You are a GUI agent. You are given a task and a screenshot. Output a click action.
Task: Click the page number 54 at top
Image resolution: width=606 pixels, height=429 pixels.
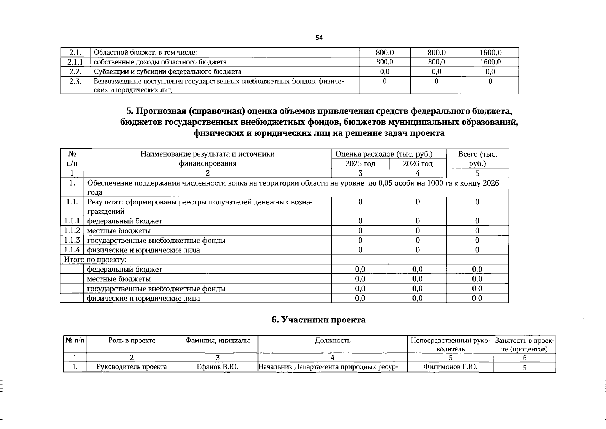319,38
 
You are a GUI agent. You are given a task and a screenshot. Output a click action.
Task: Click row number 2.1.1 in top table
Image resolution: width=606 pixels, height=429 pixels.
75,62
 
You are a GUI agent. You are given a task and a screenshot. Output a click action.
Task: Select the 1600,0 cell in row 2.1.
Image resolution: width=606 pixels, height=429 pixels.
490,53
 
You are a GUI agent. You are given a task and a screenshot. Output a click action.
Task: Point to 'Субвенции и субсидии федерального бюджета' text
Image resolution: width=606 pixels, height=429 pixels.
167,71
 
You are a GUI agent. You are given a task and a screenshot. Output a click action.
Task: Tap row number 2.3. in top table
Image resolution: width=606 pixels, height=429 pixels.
75,82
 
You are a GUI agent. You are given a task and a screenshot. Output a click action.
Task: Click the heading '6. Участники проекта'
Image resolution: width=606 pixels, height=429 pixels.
319,320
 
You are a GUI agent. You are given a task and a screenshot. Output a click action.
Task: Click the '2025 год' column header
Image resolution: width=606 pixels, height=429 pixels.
360,164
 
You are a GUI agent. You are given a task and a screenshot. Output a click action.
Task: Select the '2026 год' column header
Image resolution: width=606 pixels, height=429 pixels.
417,164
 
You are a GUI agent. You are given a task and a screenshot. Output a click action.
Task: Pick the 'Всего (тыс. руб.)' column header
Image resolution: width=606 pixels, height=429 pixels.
477,159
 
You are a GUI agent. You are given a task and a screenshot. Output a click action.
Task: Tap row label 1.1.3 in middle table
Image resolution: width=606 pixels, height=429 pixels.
72,240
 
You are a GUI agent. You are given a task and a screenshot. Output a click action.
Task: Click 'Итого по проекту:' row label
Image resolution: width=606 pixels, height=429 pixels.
95,260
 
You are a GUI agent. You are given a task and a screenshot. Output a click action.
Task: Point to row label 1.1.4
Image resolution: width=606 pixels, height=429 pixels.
72,250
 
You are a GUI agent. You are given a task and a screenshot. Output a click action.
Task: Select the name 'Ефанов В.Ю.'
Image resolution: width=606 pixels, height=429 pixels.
217,367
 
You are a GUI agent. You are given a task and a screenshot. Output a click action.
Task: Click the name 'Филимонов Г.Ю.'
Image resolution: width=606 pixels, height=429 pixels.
450,367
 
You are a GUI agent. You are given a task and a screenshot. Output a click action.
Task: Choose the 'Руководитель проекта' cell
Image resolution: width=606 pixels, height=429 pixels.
132,367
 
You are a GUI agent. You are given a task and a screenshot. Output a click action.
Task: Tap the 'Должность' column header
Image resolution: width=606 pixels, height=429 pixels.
332,341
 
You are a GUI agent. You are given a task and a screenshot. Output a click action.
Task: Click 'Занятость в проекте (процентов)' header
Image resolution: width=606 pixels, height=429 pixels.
524,345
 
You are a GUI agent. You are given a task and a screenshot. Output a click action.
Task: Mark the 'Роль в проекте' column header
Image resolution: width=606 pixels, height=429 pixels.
132,341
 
